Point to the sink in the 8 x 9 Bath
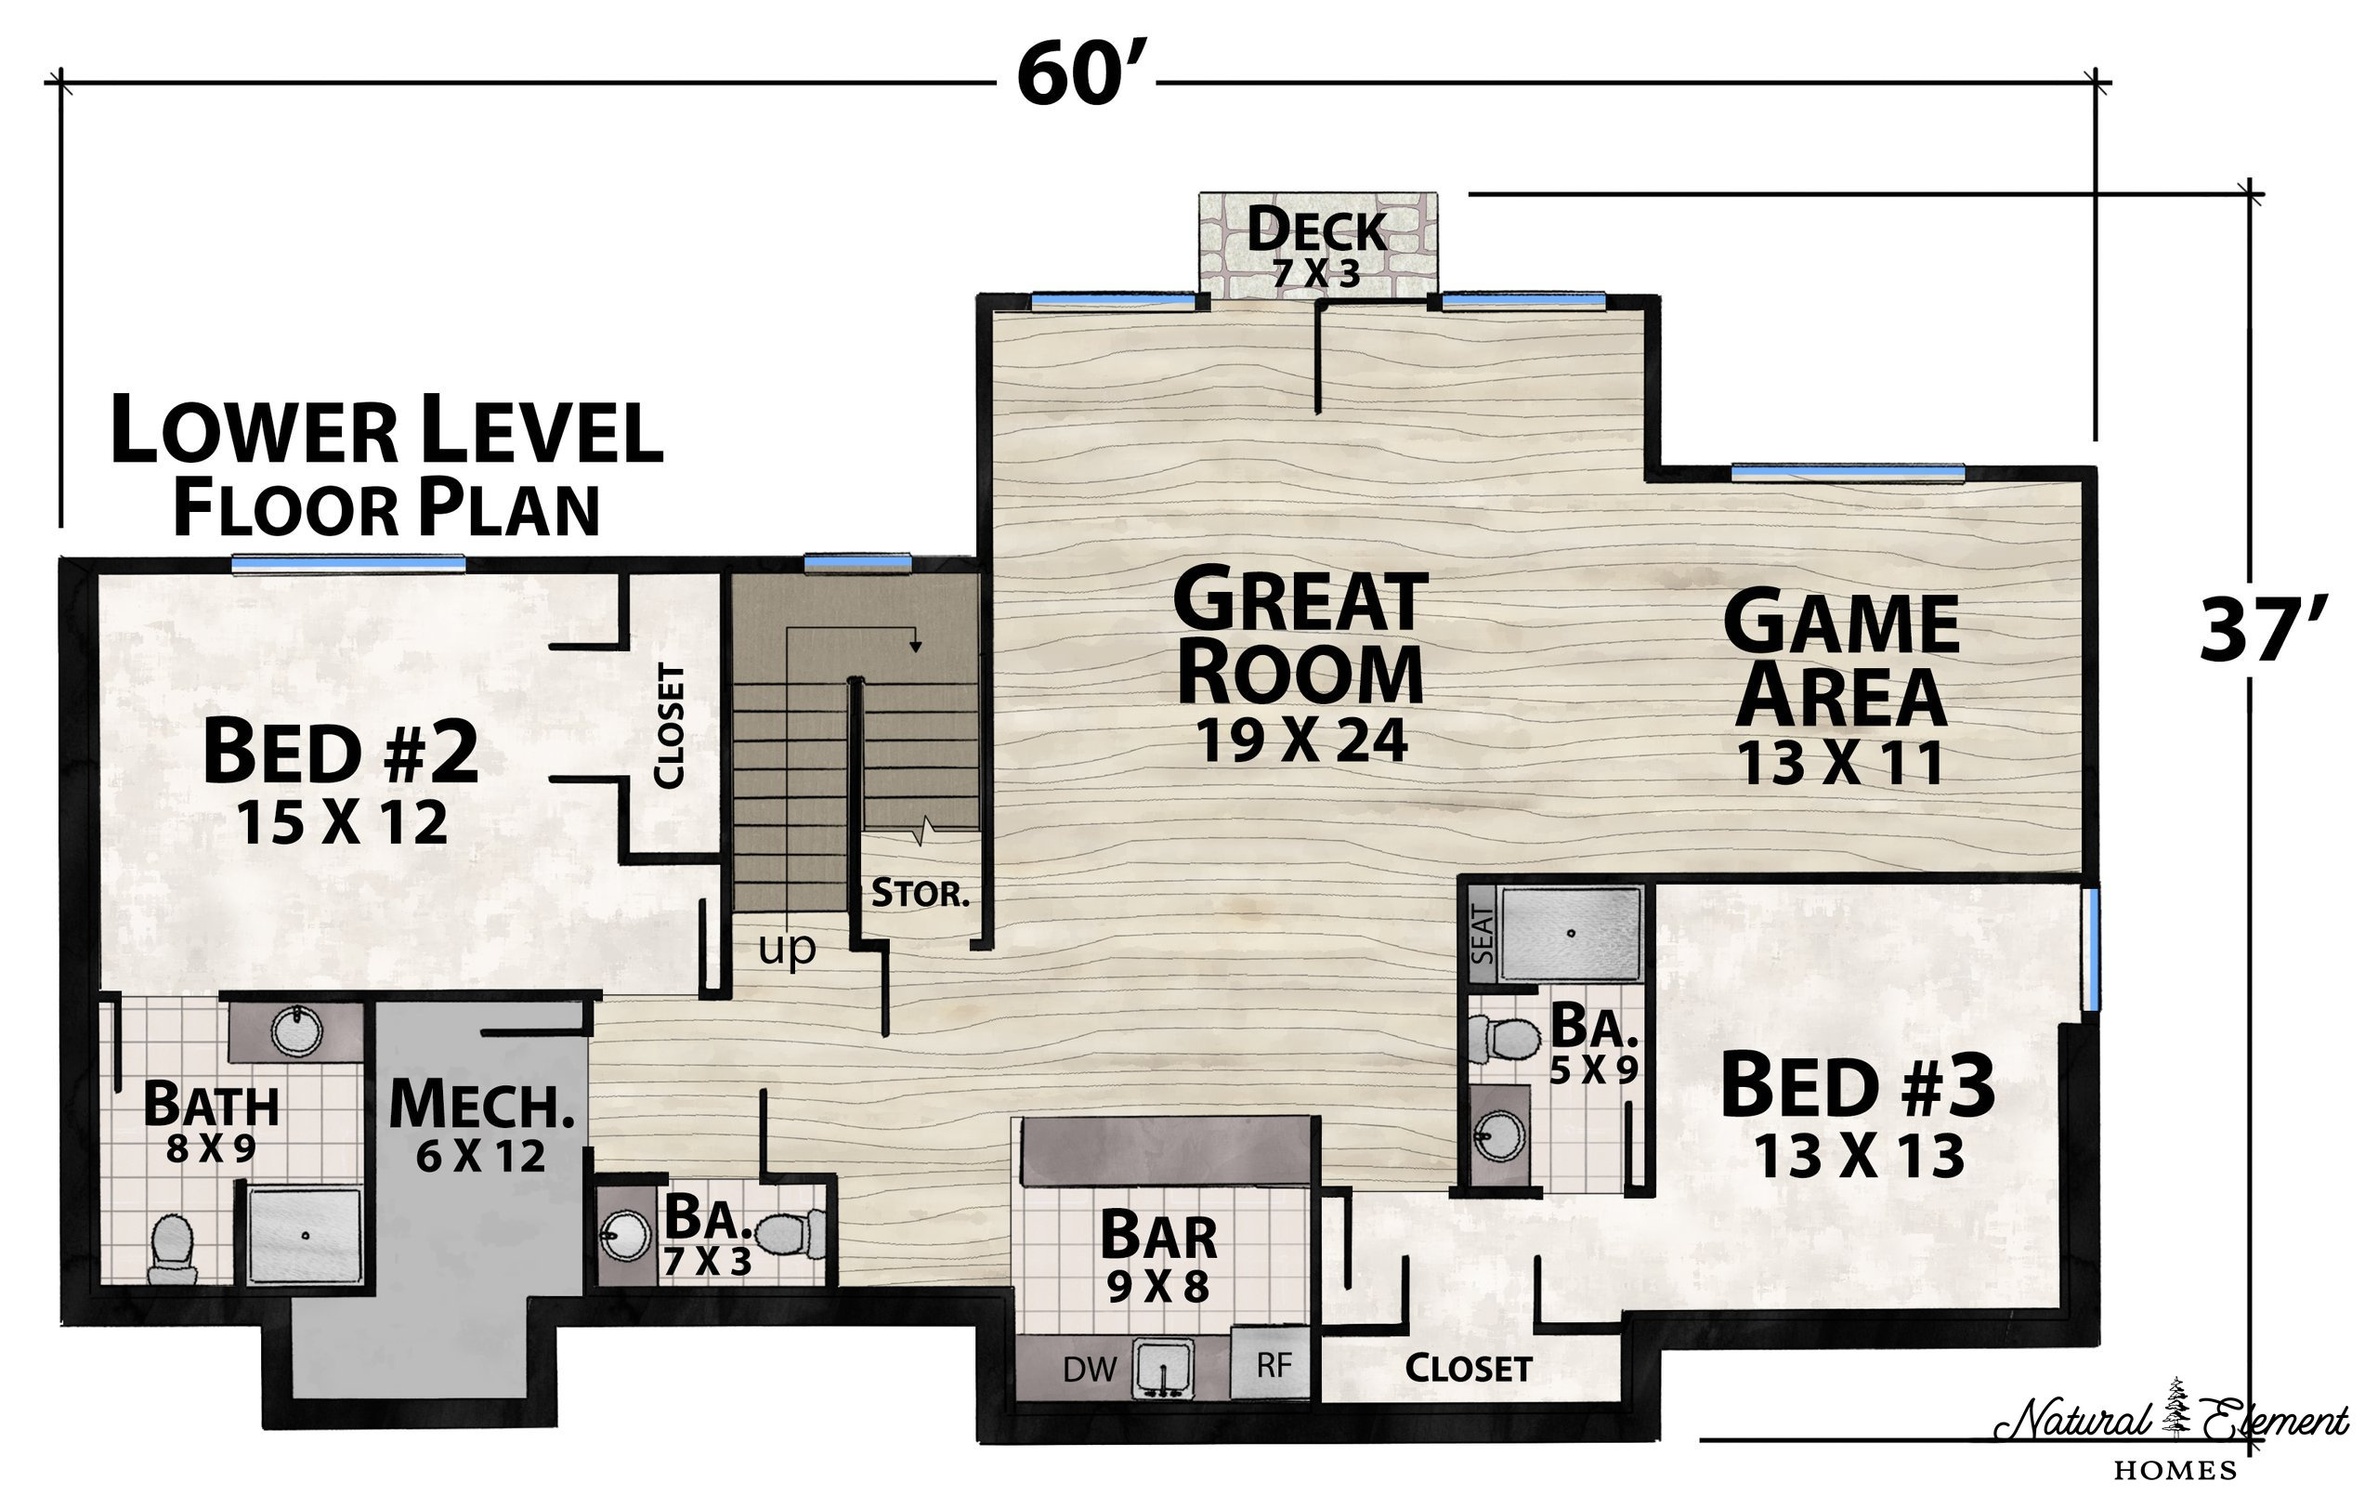tap(297, 1031)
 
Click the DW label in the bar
tap(1090, 1369)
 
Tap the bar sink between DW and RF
tap(1163, 1369)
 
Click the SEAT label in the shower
tap(1483, 934)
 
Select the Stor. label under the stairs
tap(920, 894)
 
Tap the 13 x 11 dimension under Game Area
tap(1840, 764)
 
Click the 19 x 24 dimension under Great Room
tap(1301, 741)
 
